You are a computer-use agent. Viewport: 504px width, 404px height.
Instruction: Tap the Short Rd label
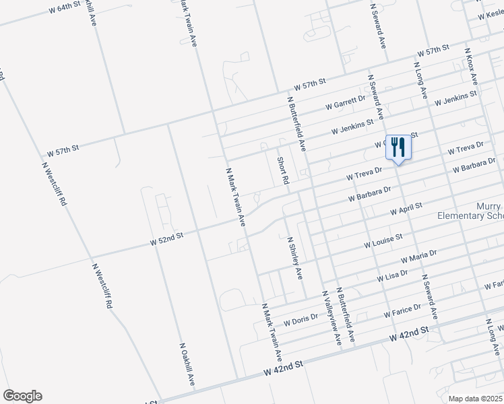(282, 171)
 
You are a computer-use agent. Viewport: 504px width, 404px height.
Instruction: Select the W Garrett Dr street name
(344, 102)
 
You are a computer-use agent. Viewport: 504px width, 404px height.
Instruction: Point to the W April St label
(406, 209)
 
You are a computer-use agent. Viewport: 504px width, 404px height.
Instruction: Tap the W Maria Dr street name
(418, 257)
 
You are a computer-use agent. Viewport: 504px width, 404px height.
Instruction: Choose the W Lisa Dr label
(392, 275)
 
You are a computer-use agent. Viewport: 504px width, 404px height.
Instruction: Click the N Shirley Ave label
(295, 258)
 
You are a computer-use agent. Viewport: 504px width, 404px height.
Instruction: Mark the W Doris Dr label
(301, 319)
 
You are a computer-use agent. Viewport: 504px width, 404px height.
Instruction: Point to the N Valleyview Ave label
(332, 318)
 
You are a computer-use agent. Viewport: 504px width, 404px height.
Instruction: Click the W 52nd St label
(166, 238)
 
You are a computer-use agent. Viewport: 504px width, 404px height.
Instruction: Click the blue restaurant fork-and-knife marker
(398, 146)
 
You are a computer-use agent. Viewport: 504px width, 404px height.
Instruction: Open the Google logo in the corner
(22, 396)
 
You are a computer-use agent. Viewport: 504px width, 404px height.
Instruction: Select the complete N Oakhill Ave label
(187, 364)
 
